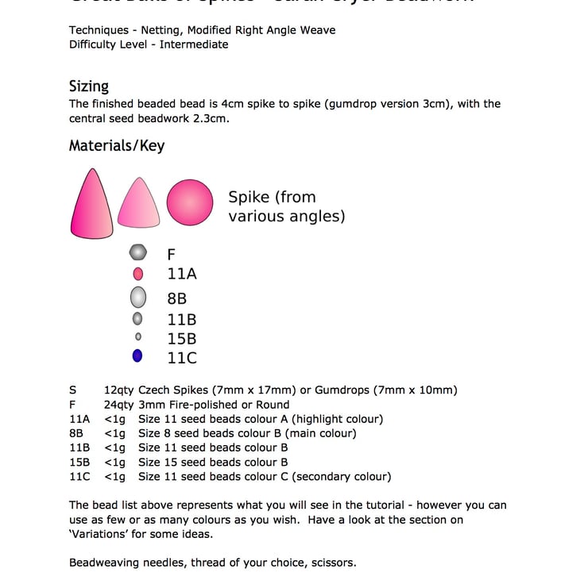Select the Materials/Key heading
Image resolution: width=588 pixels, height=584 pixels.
[x=117, y=146]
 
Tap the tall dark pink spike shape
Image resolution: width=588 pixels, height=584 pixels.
[x=90, y=203]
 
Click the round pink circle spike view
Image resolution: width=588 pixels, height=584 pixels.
[x=190, y=202]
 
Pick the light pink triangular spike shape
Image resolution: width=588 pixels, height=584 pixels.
[x=139, y=203]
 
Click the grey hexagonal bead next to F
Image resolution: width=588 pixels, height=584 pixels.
[x=138, y=253]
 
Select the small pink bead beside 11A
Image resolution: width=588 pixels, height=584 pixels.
[x=138, y=274]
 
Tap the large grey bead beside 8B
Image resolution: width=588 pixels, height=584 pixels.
[x=138, y=298]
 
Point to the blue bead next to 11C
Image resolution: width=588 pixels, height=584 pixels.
[x=137, y=356]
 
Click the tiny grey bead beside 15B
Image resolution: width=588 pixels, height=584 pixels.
[x=138, y=337]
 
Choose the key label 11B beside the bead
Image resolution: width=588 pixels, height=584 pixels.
[x=182, y=320]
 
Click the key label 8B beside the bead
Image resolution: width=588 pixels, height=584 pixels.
[x=177, y=298]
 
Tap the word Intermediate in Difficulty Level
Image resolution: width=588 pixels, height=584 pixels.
[x=194, y=44]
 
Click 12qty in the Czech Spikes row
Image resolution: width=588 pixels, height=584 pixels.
[x=118, y=390]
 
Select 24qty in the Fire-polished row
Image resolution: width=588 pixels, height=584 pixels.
[x=118, y=405]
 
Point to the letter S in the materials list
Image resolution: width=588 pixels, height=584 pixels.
[x=73, y=390]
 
